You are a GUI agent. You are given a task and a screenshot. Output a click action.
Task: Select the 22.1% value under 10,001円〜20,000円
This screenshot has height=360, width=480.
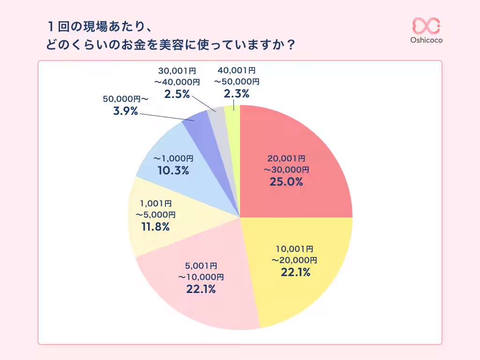(295, 272)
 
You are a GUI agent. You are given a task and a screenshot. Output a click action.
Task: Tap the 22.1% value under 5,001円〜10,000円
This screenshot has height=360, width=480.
(201, 290)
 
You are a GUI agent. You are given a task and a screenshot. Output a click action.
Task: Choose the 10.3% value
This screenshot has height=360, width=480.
(173, 171)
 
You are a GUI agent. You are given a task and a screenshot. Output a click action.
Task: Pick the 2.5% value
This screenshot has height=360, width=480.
(177, 94)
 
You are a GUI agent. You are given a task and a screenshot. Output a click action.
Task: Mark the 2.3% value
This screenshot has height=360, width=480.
(236, 94)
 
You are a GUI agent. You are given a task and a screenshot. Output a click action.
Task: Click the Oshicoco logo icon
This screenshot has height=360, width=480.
(426, 26)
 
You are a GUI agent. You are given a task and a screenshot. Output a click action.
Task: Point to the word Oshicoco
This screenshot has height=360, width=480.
(426, 40)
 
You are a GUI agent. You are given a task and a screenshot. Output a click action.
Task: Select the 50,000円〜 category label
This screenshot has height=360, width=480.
(125, 99)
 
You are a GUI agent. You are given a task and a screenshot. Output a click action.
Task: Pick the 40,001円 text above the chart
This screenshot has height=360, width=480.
(236, 70)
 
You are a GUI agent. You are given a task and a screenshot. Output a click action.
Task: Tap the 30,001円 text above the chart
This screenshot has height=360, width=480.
(177, 71)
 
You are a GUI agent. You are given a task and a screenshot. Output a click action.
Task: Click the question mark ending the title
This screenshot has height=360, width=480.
(291, 45)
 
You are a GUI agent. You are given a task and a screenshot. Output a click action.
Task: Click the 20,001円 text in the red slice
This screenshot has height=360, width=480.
(286, 158)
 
